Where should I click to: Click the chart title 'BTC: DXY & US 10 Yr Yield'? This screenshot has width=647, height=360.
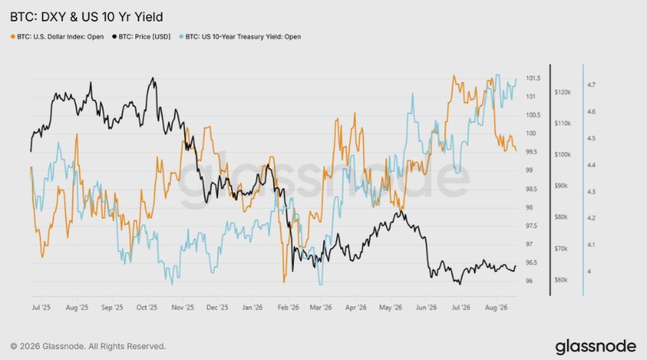tap(86, 17)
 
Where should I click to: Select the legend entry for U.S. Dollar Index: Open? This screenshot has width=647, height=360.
tap(57, 36)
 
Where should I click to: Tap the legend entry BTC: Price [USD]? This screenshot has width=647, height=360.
tap(141, 36)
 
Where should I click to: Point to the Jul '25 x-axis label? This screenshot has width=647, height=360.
tap(41, 307)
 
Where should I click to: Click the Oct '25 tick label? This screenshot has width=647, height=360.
tap(147, 307)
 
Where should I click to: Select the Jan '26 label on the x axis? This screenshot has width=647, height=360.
tap(253, 307)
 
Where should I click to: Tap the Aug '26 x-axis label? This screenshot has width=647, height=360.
tap(496, 307)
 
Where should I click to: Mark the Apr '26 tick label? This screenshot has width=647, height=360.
tap(356, 307)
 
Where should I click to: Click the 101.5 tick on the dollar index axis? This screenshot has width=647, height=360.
tap(533, 78)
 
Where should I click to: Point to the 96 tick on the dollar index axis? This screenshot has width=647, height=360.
tap(529, 281)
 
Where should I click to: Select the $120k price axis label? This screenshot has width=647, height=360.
tap(563, 92)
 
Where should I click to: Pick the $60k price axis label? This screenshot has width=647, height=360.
tap(561, 280)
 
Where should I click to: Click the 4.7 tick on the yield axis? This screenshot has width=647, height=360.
tap(591, 85)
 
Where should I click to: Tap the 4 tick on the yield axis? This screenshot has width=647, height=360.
tap(589, 272)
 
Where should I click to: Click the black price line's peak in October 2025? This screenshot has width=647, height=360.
tap(153, 78)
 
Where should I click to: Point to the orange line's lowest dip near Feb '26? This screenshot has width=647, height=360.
tap(284, 282)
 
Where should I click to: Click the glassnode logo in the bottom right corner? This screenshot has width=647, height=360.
tap(596, 347)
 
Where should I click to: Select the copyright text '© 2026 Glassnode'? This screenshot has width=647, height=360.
tap(48, 347)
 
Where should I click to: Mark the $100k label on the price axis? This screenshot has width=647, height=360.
tap(563, 155)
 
